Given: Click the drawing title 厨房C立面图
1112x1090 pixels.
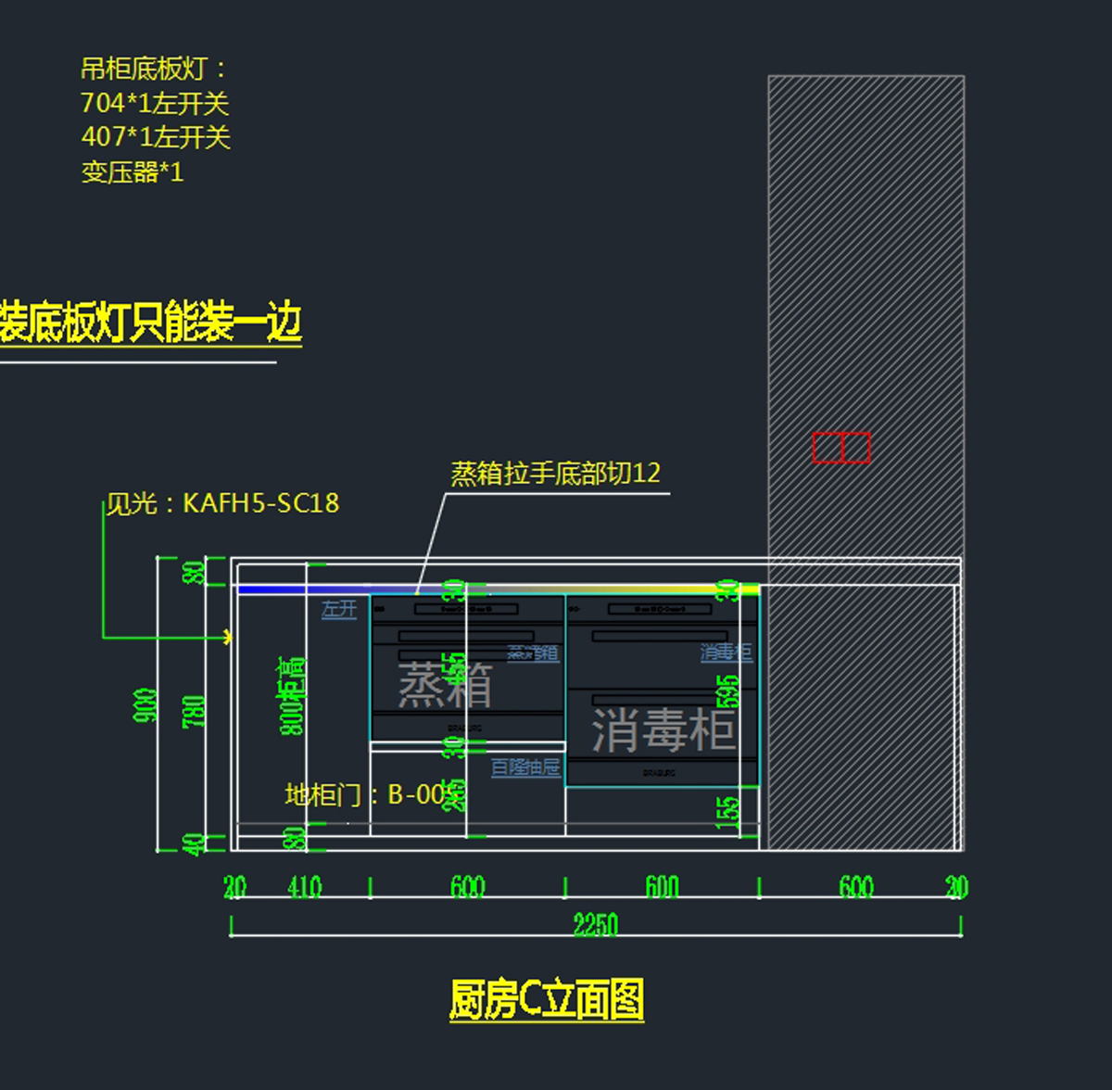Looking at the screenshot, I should [x=547, y=1000].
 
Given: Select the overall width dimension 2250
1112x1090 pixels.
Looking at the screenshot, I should [x=595, y=924].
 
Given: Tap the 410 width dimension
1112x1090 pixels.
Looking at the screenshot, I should [x=304, y=887].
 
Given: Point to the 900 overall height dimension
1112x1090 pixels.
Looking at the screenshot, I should [x=145, y=705].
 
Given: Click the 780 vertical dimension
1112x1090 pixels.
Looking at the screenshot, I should [x=195, y=711].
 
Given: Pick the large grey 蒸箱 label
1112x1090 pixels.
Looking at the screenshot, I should [x=445, y=685].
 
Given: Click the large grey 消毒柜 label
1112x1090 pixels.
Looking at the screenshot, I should [x=663, y=729].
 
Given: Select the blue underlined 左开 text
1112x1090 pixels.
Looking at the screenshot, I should [x=339, y=609].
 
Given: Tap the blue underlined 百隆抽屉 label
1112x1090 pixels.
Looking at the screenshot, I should [x=525, y=767].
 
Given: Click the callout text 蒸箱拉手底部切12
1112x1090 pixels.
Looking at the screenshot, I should [x=555, y=474].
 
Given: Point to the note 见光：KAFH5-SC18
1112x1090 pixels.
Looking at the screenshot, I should [x=222, y=503].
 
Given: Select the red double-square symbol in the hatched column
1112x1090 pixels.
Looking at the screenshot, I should [x=841, y=448].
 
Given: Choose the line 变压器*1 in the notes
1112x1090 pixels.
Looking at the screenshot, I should [x=133, y=172].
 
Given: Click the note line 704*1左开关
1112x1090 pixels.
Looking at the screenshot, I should [x=155, y=103].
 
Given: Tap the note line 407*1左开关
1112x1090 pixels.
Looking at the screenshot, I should [x=156, y=137].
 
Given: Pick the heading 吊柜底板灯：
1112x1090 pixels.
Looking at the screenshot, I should [x=154, y=69].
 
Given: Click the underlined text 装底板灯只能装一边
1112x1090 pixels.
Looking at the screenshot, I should [x=150, y=323].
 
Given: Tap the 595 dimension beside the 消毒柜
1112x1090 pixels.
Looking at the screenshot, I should [x=728, y=691].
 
